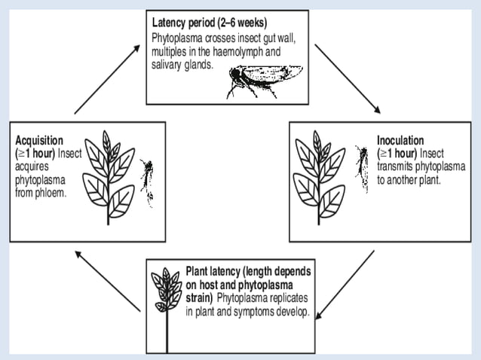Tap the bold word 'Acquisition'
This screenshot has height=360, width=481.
click(x=38, y=139)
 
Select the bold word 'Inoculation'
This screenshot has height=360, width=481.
click(x=400, y=139)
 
